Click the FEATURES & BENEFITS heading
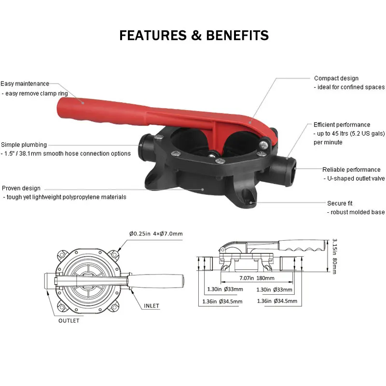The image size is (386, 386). pyautogui.click(x=194, y=35)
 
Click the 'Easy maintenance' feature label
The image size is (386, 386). pyautogui.click(x=25, y=84)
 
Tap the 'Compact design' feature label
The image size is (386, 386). pyautogui.click(x=336, y=78)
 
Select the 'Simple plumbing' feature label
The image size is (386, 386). pyautogui.click(x=24, y=144)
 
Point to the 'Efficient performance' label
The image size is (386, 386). pyautogui.click(x=342, y=125)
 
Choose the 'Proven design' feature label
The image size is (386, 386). pyautogui.click(x=21, y=188)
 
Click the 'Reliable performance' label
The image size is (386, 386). pyautogui.click(x=351, y=170)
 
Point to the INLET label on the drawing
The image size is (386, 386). pyautogui.click(x=151, y=306)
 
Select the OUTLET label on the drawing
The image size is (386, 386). pyautogui.click(x=69, y=321)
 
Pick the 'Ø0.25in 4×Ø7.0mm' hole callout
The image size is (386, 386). pyautogui.click(x=156, y=234)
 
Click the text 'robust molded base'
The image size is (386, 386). pyautogui.click(x=356, y=212)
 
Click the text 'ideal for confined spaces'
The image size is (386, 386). pyautogui.click(x=350, y=87)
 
